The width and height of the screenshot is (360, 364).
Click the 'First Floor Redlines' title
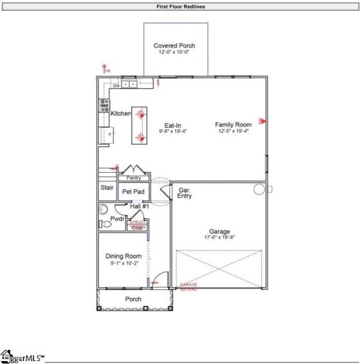180,6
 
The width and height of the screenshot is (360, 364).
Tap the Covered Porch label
175,45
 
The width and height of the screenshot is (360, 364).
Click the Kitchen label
121,114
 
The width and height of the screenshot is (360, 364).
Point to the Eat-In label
173,125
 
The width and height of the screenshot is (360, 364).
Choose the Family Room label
234,124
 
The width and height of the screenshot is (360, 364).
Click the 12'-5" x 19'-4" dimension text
234,132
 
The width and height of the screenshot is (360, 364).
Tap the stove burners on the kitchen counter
104,106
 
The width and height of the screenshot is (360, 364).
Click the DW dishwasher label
116,85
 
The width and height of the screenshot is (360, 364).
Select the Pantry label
133,178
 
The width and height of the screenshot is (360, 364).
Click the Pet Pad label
133,192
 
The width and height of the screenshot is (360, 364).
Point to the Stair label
107,189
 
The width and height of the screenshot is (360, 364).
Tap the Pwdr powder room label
118,219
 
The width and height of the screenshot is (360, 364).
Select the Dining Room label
124,256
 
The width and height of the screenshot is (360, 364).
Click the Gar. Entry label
185,193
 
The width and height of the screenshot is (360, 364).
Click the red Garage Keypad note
189,287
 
